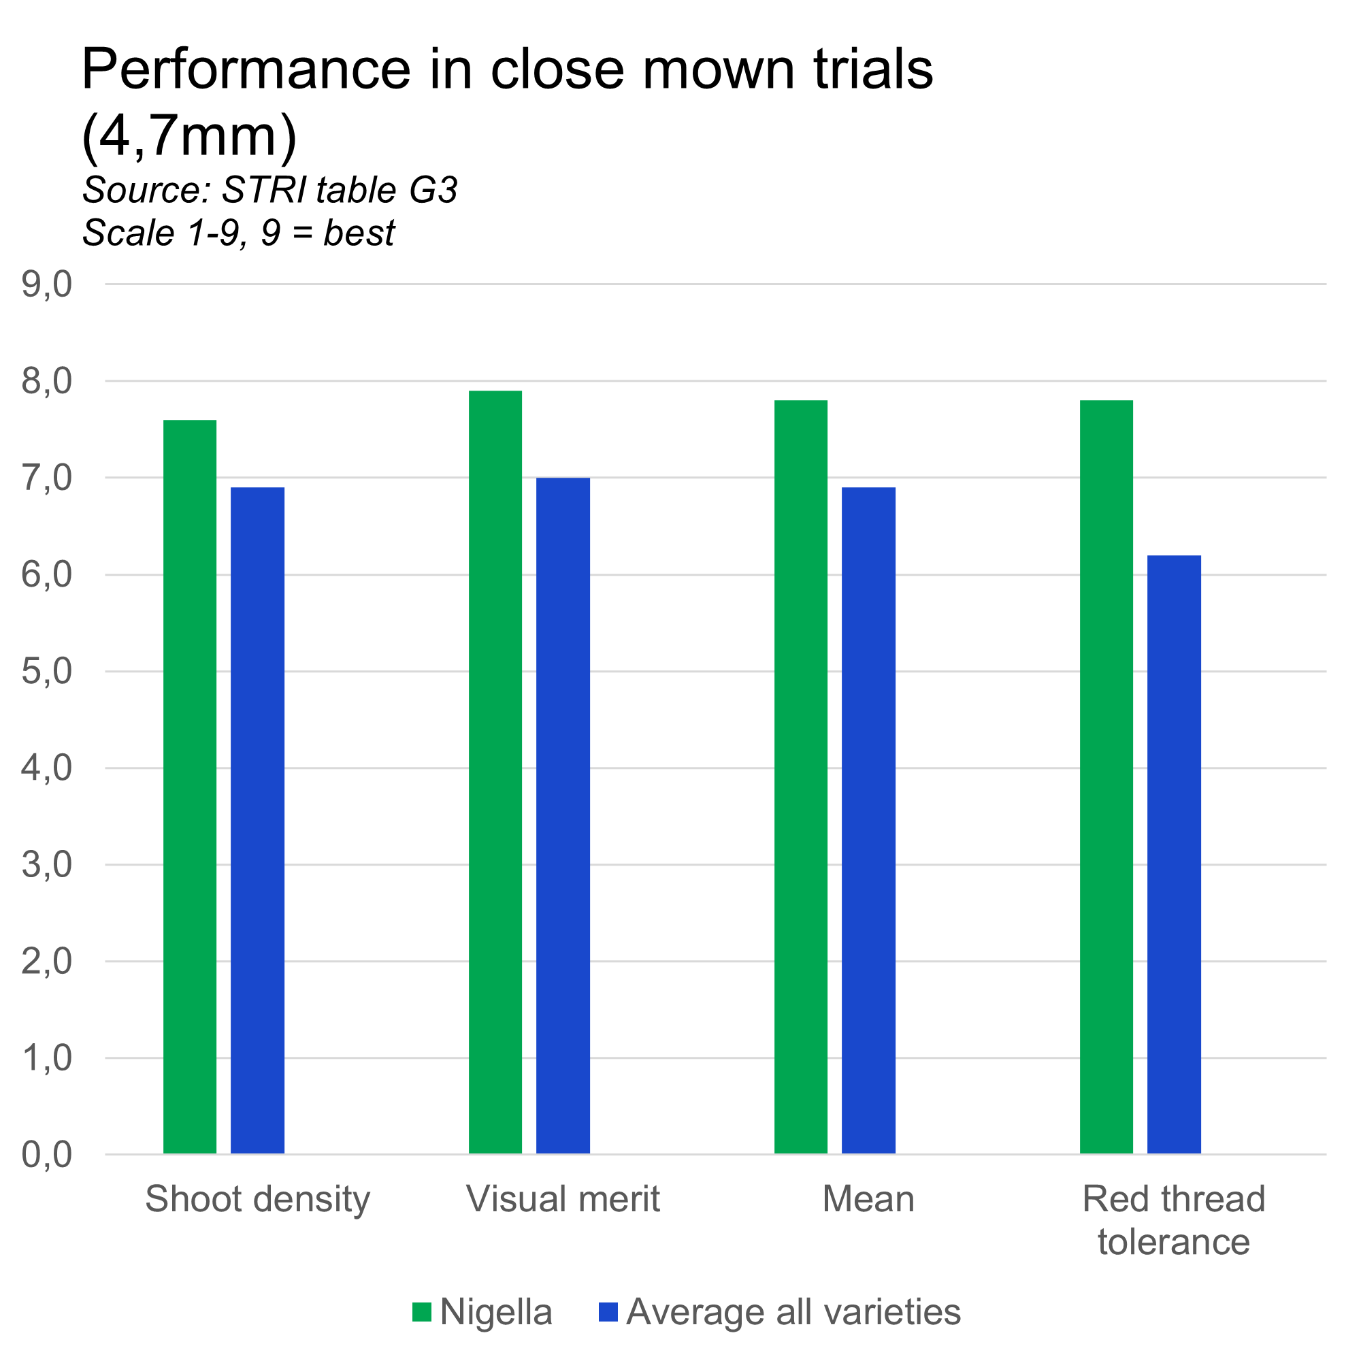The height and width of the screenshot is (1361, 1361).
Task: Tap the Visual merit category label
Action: point(563,1199)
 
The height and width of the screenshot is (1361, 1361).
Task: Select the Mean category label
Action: point(868,1199)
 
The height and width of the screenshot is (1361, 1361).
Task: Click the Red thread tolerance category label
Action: point(1174,1220)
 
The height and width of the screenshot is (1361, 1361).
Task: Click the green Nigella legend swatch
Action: point(421,1312)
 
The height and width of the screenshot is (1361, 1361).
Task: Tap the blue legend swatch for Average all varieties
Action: point(608,1312)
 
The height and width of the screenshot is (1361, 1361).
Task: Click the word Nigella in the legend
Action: point(496,1313)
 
